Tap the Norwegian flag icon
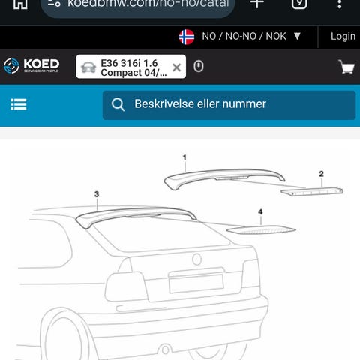[187, 37]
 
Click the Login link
[343, 37]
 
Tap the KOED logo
[31, 66]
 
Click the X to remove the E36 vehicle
[176, 67]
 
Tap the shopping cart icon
[346, 67]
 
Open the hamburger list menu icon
[19, 104]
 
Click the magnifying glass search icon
[118, 104]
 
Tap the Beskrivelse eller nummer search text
[200, 103]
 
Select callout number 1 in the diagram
[184, 157]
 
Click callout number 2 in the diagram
[321, 174]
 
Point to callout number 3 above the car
[97, 194]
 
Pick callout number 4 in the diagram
[260, 212]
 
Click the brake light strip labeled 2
[312, 192]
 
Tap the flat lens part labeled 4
[261, 230]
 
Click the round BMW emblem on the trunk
[197, 259]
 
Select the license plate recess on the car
[196, 283]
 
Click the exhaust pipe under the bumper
[165, 349]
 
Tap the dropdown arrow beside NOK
[297, 37]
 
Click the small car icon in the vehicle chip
[88, 67]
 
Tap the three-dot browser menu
[339, 4]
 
